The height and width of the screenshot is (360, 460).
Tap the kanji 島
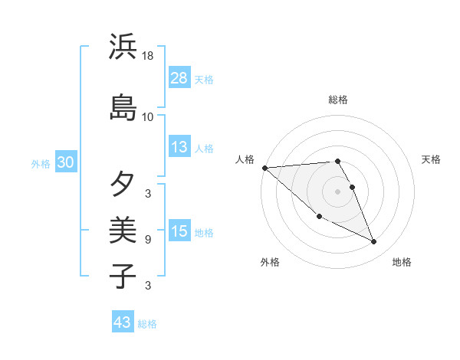pos(123,107)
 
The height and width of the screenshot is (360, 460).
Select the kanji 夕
pos(123,184)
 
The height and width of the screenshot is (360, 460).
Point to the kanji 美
pos(123,230)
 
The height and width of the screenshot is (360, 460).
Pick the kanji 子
pos(123,275)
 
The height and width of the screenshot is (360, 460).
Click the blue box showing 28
pos(179,78)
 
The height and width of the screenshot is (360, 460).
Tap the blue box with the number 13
pos(179,148)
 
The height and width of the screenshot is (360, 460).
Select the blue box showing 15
pos(179,232)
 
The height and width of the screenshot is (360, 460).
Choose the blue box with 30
pos(65,163)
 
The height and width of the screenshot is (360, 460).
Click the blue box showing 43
pos(123,323)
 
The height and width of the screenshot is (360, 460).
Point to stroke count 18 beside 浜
pos(148,56)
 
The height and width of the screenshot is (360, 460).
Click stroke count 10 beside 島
pos(148,117)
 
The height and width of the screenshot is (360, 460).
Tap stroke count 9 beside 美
pos(148,240)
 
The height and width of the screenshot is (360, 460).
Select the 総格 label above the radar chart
pos(338,100)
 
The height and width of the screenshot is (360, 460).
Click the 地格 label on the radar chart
pos(402,263)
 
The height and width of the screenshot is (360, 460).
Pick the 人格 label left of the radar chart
pos(245,159)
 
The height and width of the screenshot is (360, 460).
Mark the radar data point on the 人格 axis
pos(264,168)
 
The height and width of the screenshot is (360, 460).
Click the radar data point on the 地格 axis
pos(374,242)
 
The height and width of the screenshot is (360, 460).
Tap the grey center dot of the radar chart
pos(338,191)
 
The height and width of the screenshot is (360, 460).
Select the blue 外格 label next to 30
pos(41,164)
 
